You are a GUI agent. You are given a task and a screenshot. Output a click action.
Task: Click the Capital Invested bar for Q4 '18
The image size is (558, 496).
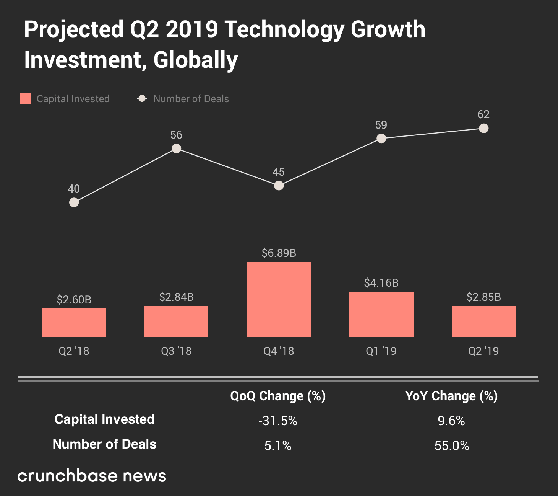[x=279, y=299]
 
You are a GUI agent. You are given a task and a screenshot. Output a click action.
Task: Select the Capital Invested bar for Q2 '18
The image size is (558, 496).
[x=74, y=323]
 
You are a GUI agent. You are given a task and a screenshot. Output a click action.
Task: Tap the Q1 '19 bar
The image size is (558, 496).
[x=381, y=314]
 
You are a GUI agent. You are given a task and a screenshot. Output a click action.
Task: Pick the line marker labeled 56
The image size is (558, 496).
[x=176, y=148]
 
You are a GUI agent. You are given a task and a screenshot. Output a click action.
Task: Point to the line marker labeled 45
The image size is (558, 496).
[x=279, y=186]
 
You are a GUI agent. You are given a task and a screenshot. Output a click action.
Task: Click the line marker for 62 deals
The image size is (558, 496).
[x=483, y=128]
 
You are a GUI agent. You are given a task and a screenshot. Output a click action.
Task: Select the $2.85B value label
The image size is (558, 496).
[x=483, y=297]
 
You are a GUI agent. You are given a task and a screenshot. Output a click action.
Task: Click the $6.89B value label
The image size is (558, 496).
[x=279, y=253]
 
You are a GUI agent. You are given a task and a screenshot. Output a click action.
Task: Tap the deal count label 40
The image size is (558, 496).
[x=74, y=189]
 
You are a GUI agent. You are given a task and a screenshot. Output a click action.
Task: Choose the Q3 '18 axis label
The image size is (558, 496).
[x=176, y=351]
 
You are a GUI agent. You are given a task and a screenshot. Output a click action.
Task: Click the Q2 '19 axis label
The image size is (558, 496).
[x=483, y=351]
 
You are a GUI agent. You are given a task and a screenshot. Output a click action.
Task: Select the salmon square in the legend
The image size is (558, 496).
[x=26, y=98]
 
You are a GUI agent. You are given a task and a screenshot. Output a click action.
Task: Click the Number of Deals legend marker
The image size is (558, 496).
[x=142, y=99]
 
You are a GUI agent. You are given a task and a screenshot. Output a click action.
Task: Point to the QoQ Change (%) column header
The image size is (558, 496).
[x=278, y=396]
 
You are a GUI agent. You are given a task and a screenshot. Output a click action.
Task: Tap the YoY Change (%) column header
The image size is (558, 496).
[x=451, y=396]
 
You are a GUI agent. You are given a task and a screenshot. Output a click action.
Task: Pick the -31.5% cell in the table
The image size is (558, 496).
[x=278, y=421]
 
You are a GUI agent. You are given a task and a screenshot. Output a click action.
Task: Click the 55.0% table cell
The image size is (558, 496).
[x=452, y=445]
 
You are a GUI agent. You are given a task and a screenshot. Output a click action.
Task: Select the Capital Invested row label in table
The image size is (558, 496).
[x=104, y=419]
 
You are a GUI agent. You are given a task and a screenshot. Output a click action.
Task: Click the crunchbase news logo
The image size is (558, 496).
[x=92, y=476]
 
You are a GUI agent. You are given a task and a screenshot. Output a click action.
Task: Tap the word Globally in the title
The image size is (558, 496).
[x=196, y=60]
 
